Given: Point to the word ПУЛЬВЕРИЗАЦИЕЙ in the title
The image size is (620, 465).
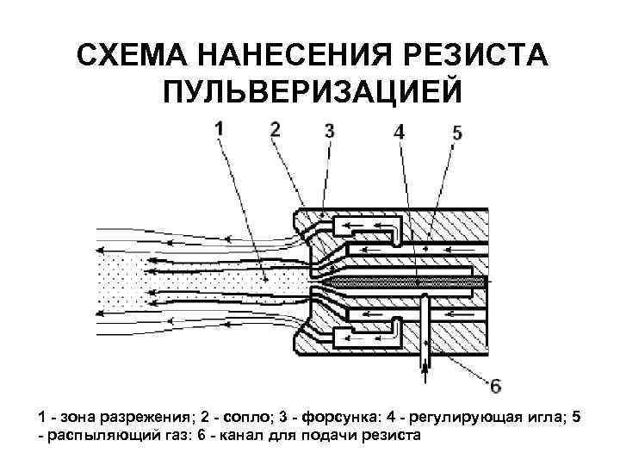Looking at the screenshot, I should tap(310, 91).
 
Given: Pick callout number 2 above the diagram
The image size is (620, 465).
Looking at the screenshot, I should tap(275, 129).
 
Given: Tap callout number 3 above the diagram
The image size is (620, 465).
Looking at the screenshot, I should tap(330, 132).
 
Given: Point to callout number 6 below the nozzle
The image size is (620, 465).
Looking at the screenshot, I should tap(494, 384).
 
